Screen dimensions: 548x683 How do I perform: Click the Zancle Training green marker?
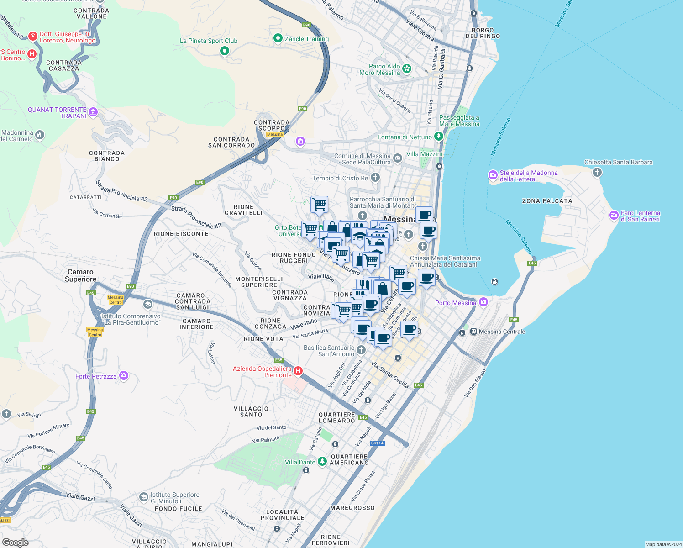tap(278, 38)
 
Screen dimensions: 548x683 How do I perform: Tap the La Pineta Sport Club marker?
tap(224, 51)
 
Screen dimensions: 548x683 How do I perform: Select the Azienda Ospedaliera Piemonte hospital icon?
tap(298, 371)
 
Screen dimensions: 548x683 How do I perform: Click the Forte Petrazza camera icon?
tap(123, 376)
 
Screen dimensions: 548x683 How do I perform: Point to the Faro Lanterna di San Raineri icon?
tap(614, 216)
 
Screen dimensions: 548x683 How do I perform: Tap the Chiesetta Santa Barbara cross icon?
tap(597, 172)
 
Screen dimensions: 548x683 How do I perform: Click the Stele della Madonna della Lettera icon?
tap(493, 175)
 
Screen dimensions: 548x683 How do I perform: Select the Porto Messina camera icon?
tap(483, 302)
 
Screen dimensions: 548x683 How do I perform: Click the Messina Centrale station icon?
tap(474, 332)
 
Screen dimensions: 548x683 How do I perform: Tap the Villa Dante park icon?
tap(322, 462)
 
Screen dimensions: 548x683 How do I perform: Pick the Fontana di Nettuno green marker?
tap(439, 136)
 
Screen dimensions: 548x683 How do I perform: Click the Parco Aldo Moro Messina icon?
tap(407, 69)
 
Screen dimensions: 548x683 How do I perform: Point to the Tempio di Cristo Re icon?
tap(375, 177)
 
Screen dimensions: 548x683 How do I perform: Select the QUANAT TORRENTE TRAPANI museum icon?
tap(93, 112)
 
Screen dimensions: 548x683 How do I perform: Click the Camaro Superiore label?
tap(80, 275)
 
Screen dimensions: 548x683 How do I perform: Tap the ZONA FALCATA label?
tap(547, 201)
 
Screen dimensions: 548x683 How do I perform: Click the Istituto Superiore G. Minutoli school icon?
tap(144, 496)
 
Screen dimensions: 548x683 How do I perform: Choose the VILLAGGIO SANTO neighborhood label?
tap(251, 411)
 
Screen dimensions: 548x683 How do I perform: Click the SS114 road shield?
tap(377, 443)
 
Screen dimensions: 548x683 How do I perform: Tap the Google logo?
tap(16, 542)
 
